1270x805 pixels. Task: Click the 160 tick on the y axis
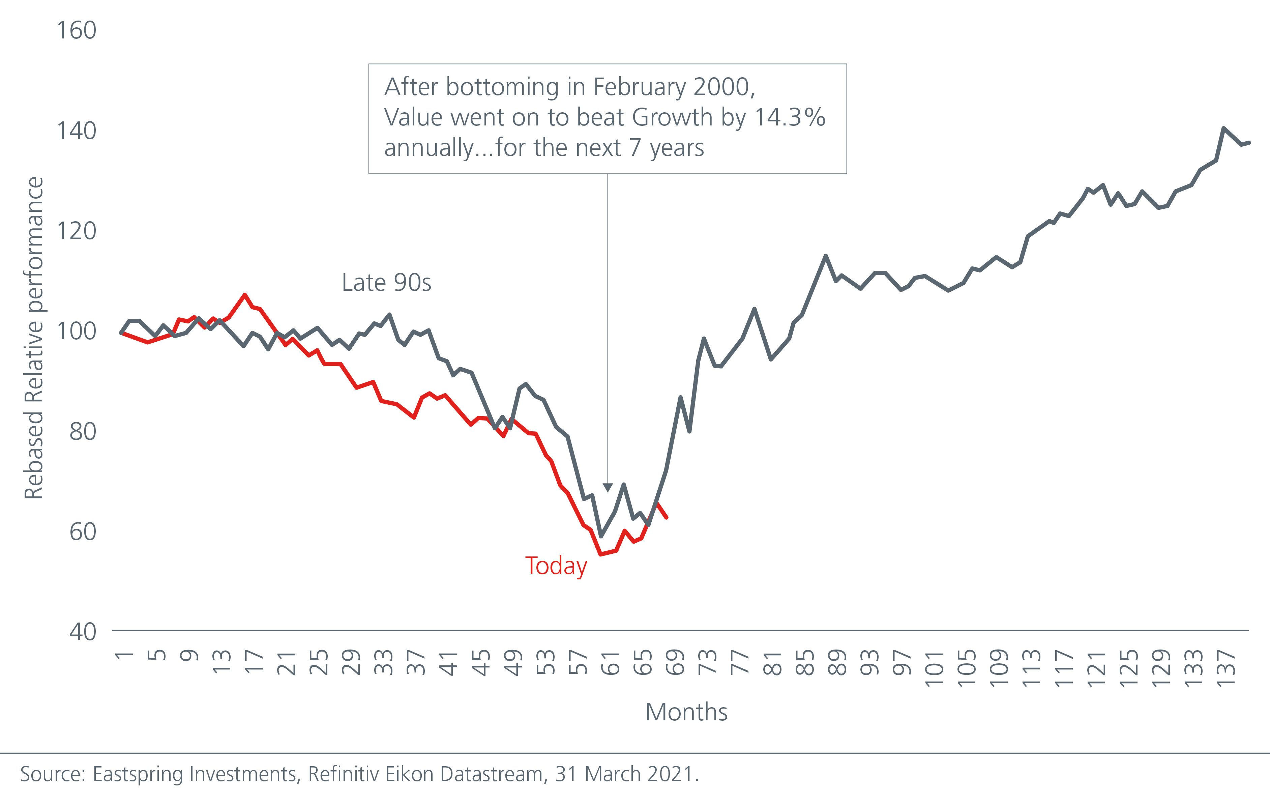tap(77, 31)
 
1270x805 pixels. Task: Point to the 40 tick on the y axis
tap(83, 631)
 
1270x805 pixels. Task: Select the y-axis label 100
tap(77, 331)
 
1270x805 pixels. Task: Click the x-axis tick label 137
tap(1226, 667)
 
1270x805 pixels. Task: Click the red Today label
tap(556, 566)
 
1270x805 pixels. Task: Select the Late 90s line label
tap(387, 283)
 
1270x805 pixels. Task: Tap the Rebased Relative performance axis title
tap(34, 338)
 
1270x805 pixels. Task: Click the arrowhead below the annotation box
tap(608, 487)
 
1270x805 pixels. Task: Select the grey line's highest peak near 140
tap(1223, 128)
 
